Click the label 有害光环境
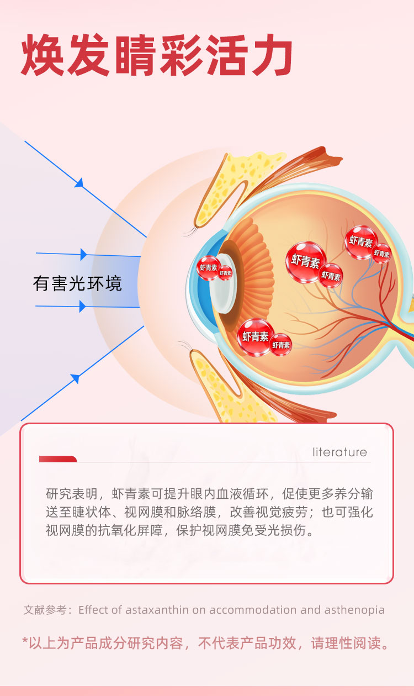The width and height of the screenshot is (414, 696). coord(77,283)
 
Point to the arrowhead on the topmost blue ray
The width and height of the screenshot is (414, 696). coord(79,182)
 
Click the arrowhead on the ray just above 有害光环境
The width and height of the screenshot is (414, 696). coord(83,254)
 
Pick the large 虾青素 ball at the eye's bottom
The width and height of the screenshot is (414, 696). coord(256,336)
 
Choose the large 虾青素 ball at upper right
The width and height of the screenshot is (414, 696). coord(362,241)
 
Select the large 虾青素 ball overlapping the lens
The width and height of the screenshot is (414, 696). coord(209,267)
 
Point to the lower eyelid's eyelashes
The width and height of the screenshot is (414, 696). coord(185,346)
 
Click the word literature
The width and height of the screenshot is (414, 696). coord(339,452)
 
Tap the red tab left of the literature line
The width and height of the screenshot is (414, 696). coord(57,459)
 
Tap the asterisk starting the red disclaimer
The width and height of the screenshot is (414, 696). coord(25,641)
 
